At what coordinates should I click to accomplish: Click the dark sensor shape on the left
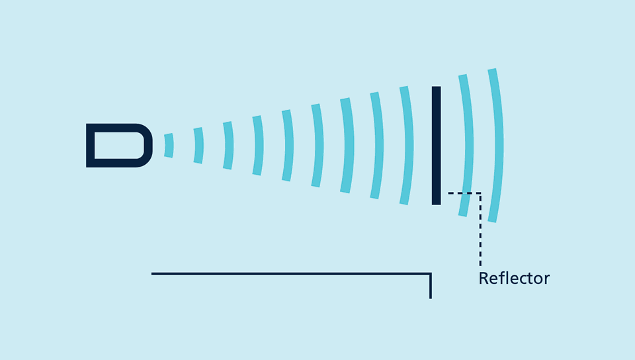(x=119, y=146)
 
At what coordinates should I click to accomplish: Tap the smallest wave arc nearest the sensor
(x=169, y=146)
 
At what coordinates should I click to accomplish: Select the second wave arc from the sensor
(x=199, y=146)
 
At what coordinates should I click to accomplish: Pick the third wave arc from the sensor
(x=228, y=146)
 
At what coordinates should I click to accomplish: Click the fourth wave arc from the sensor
(x=259, y=146)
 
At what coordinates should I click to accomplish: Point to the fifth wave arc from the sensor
(x=288, y=146)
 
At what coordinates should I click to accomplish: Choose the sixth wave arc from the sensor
(x=318, y=146)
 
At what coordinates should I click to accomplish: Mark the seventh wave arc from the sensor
(x=348, y=146)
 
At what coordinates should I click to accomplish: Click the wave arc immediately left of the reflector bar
(x=407, y=146)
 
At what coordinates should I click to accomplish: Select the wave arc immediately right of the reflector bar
(x=467, y=146)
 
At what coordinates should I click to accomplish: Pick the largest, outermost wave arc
(x=497, y=146)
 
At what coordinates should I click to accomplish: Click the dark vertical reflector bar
(x=436, y=146)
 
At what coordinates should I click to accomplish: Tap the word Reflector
(x=514, y=279)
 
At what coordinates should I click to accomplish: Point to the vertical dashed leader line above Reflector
(x=480, y=229)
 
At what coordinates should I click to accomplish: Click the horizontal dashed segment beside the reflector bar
(x=464, y=193)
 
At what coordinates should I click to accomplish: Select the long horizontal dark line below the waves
(x=291, y=274)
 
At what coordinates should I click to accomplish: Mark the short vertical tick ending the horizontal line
(x=431, y=286)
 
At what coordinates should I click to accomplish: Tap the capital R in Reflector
(x=484, y=279)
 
